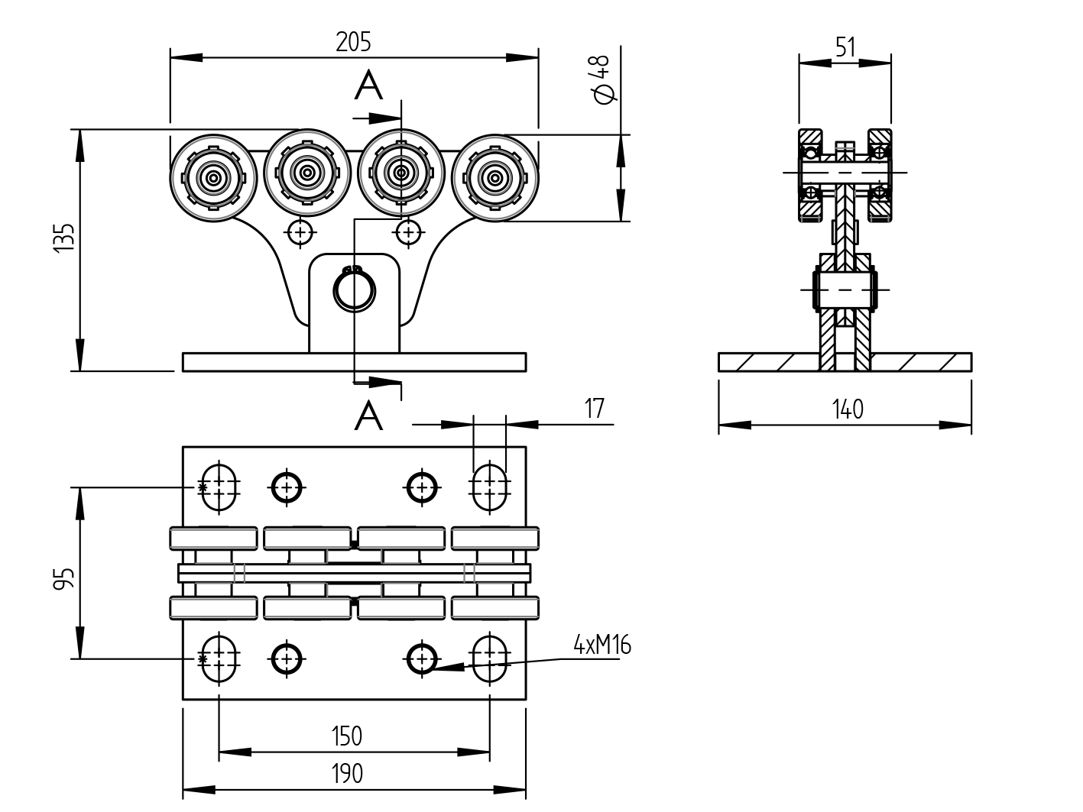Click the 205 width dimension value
click(353, 42)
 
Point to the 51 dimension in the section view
click(845, 48)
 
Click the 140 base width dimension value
click(848, 410)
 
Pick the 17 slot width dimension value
click(594, 409)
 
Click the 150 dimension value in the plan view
click(346, 736)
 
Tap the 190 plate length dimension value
click(346, 774)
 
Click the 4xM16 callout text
click(602, 646)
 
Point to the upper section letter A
click(368, 86)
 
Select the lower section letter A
click(368, 416)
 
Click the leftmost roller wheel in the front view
click(213, 176)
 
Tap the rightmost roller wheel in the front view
click(495, 178)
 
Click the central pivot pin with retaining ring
click(354, 290)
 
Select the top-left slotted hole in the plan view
click(219, 486)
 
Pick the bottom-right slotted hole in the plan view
click(490, 658)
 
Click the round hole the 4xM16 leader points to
click(421, 658)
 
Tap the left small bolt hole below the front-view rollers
click(300, 231)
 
